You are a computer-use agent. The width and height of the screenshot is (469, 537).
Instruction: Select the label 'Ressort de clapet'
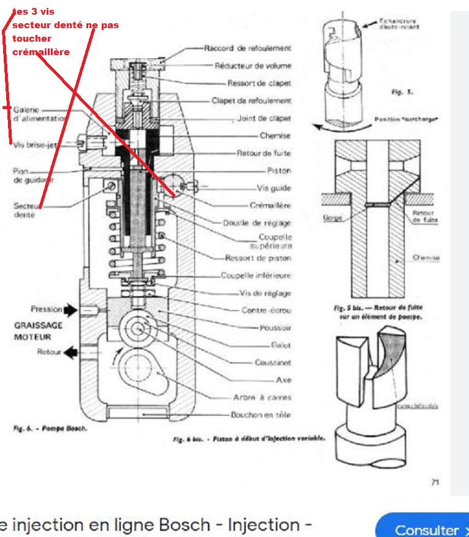click(x=259, y=83)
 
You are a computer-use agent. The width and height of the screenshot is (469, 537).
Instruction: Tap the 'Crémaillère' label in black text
click(x=270, y=206)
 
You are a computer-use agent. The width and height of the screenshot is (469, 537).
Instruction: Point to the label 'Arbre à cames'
click(x=262, y=397)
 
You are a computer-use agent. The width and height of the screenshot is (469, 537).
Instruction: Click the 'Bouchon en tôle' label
click(x=261, y=415)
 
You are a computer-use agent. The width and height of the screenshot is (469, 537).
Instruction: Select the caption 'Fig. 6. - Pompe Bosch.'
click(x=50, y=429)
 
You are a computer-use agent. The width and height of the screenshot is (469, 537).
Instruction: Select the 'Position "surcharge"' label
click(x=405, y=120)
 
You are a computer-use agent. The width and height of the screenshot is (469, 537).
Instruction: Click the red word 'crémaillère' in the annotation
click(x=40, y=52)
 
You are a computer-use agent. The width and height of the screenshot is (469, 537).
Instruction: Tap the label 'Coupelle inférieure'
click(x=256, y=276)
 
